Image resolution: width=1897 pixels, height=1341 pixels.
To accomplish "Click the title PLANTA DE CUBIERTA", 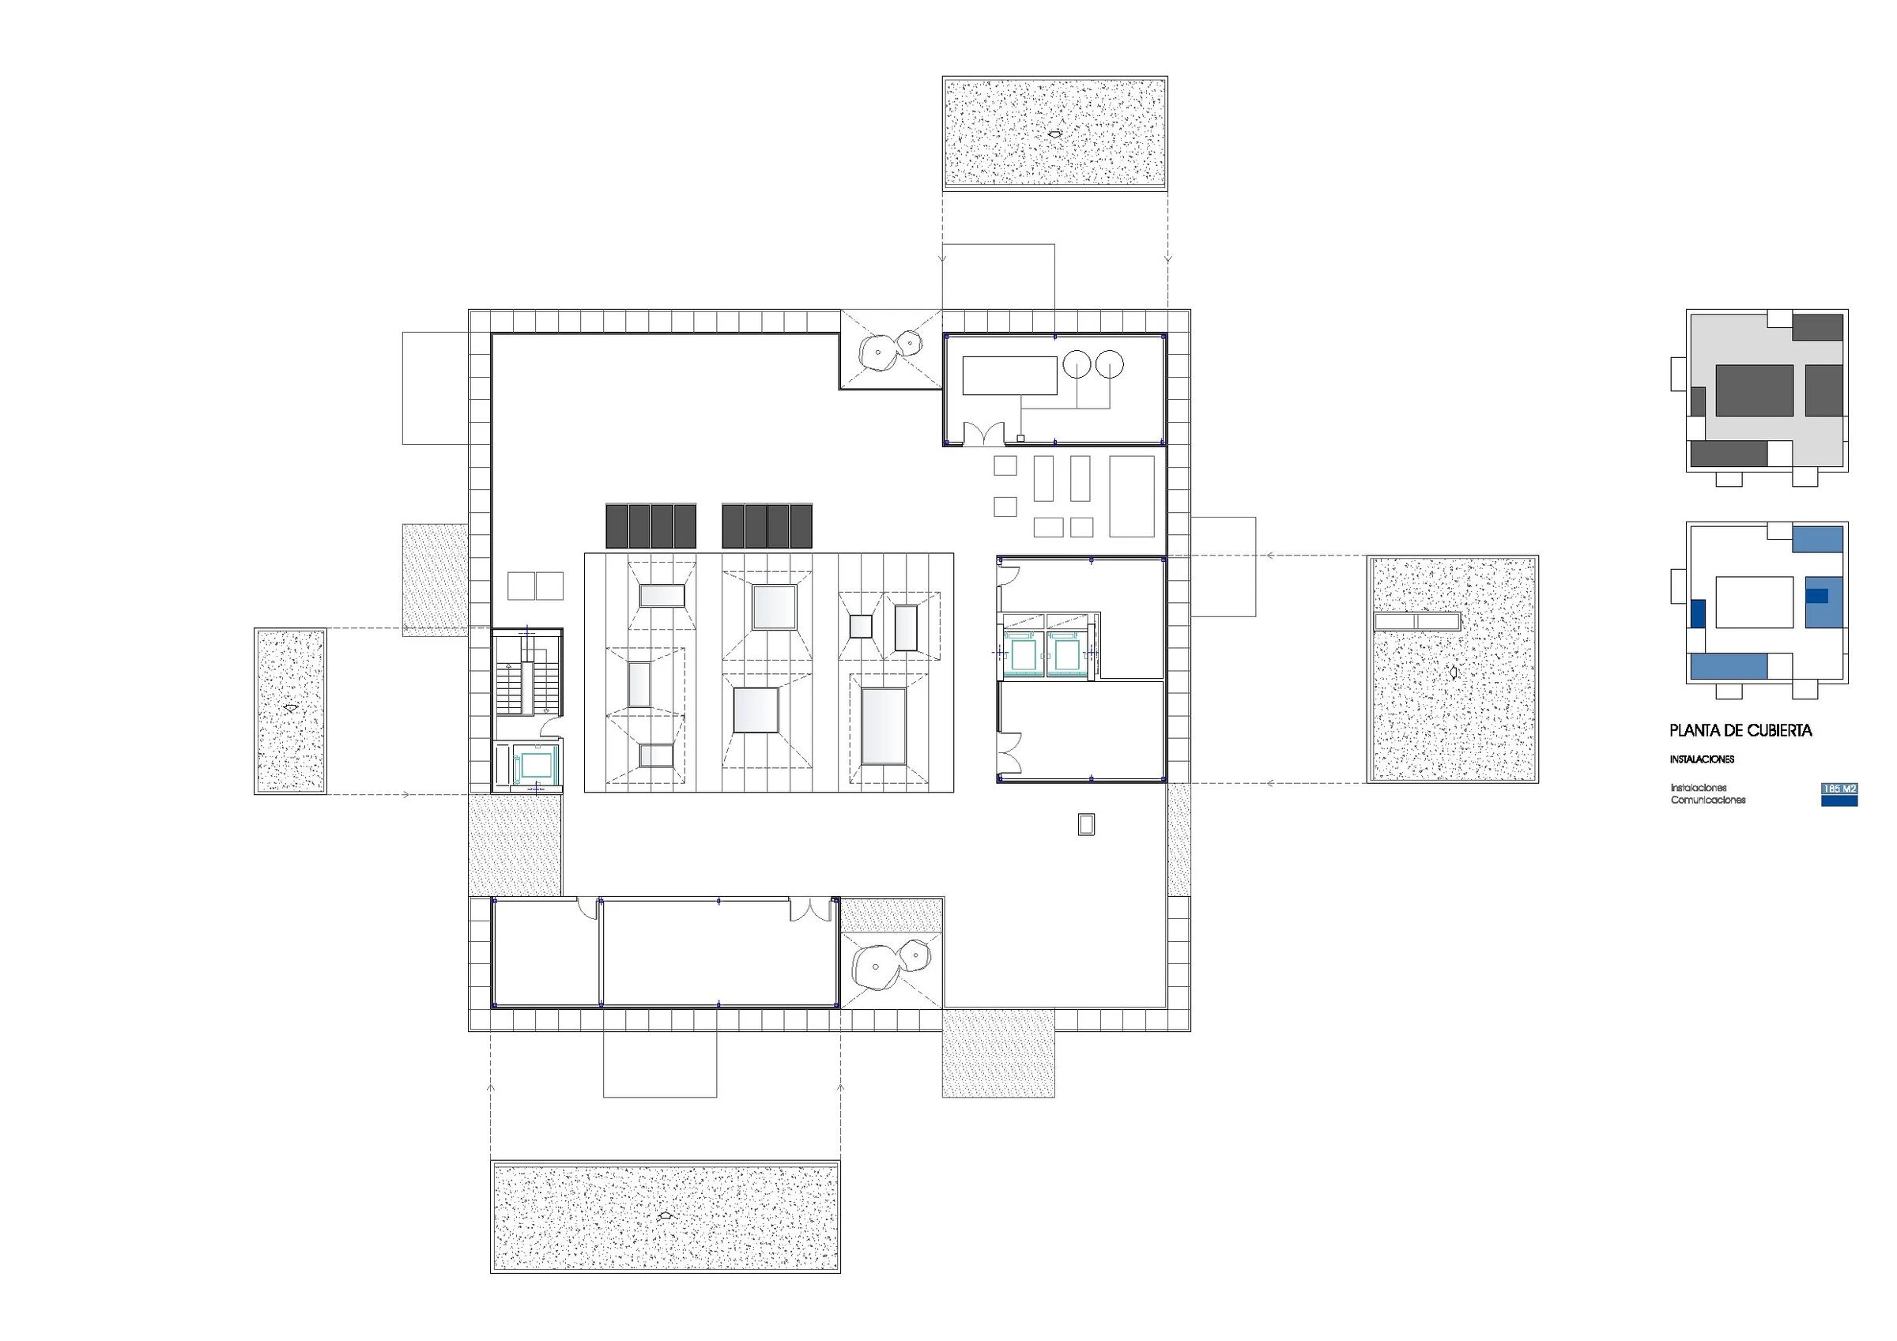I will point(1740,730).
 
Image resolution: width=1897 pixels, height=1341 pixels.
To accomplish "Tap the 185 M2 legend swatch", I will point(1839,789).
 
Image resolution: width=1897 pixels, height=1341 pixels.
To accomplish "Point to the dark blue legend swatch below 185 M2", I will point(1839,800).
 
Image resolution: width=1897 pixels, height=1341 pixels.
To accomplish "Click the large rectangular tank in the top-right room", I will point(1009,375).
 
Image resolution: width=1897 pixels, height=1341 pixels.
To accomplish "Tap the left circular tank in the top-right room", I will point(1077,364).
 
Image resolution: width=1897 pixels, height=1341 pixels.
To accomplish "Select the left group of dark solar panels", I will point(651,525).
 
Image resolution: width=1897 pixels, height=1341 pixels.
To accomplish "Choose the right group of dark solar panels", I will point(767,525).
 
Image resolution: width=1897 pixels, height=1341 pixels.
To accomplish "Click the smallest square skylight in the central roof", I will point(861,627).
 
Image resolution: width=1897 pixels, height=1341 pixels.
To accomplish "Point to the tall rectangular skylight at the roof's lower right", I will point(883,726).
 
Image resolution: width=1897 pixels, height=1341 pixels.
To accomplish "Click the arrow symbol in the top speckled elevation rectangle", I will point(1054,132).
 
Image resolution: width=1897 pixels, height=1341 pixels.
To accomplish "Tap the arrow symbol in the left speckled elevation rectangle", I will point(289,709).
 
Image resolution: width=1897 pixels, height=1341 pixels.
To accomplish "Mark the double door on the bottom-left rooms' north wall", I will point(810,910).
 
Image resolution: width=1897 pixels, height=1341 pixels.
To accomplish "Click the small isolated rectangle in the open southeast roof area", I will point(1087,823).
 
